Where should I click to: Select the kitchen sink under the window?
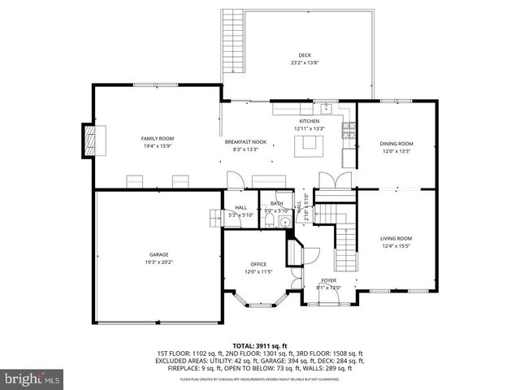coord(325,107)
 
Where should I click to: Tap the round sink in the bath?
coord(284,223)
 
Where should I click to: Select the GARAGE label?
coord(158,254)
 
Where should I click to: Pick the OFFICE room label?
coord(258,264)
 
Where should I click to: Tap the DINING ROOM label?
coord(396,144)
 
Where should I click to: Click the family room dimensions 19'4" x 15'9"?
coord(158,145)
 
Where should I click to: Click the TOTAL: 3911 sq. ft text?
coord(260,345)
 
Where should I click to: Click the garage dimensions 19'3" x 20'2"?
coord(158,262)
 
